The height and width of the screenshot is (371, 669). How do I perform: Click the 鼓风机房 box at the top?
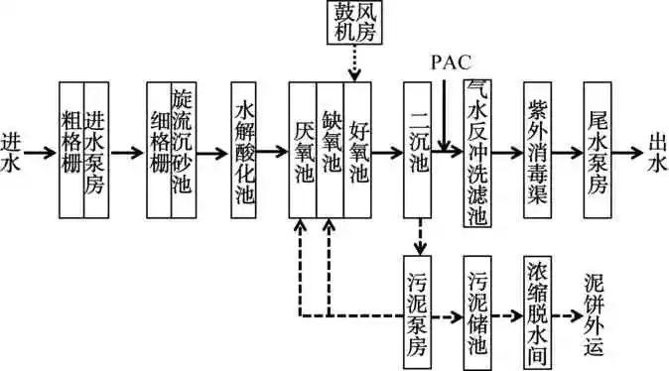pyautogui.click(x=354, y=23)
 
